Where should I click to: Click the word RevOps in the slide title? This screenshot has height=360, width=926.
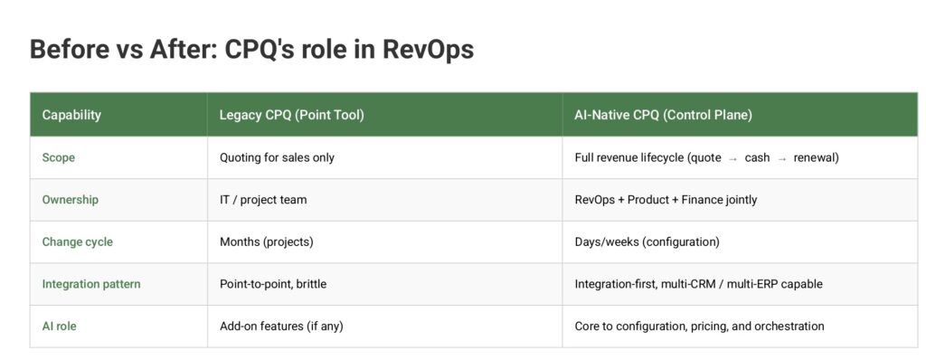click(428, 49)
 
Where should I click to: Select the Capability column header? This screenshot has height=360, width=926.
click(71, 115)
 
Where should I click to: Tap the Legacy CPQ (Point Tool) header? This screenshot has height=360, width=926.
click(291, 115)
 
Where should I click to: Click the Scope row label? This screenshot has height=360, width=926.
click(59, 157)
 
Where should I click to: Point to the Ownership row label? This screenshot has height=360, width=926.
click(70, 199)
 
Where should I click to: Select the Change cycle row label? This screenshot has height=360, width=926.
click(78, 242)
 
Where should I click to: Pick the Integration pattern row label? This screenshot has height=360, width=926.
click(91, 284)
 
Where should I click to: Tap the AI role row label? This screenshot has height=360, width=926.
click(59, 326)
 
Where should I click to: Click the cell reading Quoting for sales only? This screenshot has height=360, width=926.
click(277, 157)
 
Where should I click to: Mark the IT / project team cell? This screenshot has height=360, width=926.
click(263, 199)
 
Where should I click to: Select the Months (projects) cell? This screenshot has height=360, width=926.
click(266, 242)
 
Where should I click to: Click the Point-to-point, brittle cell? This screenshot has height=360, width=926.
click(273, 284)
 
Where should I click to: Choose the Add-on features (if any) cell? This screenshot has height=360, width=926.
click(281, 326)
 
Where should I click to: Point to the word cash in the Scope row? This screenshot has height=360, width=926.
click(758, 157)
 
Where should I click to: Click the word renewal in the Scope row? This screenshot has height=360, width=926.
click(817, 157)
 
